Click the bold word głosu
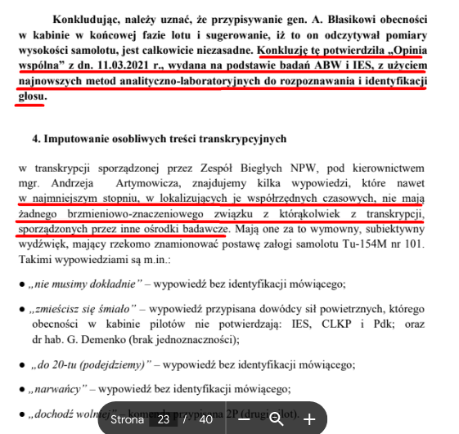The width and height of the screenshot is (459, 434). click(x=31, y=96)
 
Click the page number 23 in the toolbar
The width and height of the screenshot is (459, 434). click(x=164, y=419)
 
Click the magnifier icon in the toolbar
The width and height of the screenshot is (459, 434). click(x=276, y=419)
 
